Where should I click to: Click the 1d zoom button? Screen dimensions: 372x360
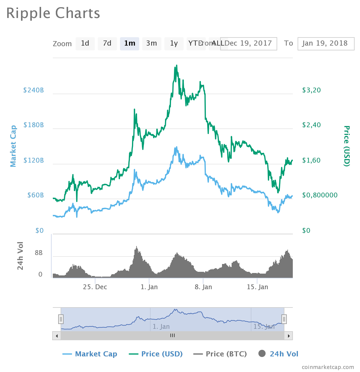click(85, 44)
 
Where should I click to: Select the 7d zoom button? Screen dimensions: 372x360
click(107, 44)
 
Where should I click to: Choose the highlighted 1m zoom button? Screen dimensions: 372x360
click(130, 44)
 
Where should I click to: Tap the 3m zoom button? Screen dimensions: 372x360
click(152, 44)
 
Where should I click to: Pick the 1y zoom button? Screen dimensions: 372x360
click(174, 44)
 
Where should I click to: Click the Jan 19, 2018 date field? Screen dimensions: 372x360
click(326, 44)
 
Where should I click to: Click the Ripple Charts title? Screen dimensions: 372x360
click(53, 13)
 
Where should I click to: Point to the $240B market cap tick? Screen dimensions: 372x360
click(34, 90)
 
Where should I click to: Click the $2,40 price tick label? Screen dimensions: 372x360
click(311, 125)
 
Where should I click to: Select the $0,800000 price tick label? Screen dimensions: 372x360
click(320, 195)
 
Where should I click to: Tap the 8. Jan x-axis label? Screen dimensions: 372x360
click(203, 287)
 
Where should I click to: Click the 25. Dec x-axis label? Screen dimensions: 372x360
click(95, 287)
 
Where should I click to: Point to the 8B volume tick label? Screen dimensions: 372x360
click(39, 253)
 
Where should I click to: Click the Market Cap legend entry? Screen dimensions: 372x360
click(90, 354)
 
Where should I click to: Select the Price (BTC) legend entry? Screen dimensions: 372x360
click(220, 354)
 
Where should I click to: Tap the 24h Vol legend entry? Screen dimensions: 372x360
click(278, 354)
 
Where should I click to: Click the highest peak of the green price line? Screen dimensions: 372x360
click(177, 65)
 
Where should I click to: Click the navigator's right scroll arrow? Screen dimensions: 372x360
click(289, 336)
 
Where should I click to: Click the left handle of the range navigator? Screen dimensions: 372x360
click(61, 319)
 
